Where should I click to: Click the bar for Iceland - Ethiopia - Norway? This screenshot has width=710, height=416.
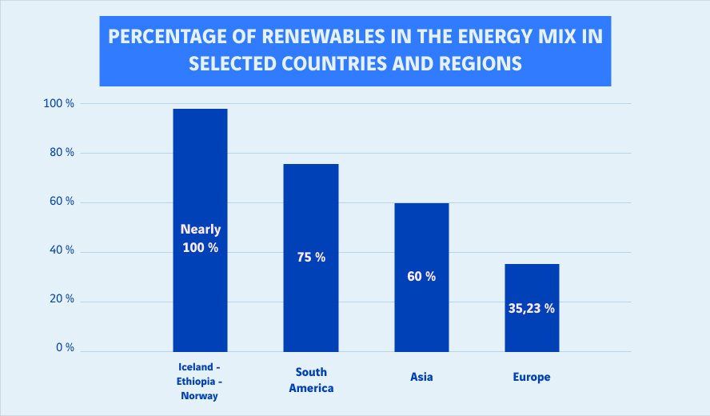tap(200, 176)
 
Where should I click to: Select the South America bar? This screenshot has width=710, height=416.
tap(311, 208)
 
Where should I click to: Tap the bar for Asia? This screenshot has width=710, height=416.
tap(421, 240)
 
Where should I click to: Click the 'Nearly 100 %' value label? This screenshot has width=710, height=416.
tap(200, 238)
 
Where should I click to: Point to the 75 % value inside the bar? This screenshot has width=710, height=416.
tap(311, 258)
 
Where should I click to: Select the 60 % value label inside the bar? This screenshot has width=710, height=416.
tap(421, 277)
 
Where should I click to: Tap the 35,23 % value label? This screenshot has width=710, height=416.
tap(532, 308)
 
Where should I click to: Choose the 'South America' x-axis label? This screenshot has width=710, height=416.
tap(311, 380)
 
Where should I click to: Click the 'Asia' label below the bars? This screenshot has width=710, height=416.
tap(421, 377)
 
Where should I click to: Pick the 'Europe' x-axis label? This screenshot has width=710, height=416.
tap(532, 377)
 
